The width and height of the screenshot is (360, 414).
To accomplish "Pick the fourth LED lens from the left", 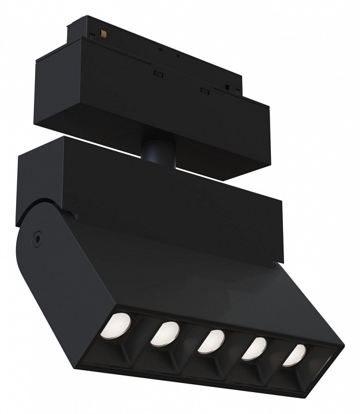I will [254, 348].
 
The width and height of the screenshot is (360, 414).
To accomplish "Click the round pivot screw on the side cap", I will [38, 236].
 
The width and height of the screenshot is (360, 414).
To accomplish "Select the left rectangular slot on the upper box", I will [156, 73].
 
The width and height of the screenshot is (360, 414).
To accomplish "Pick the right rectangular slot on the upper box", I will [202, 90].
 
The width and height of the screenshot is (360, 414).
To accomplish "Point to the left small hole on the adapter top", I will [160, 50].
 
